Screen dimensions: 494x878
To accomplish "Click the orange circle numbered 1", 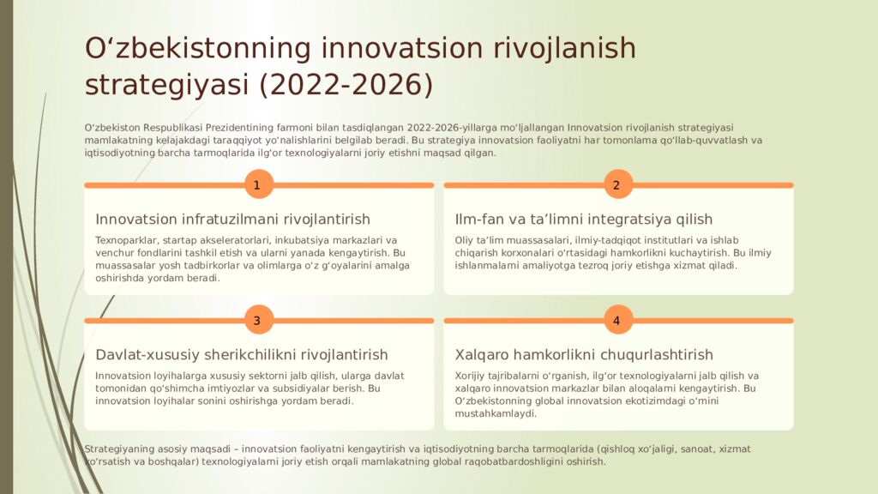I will pyautogui.click(x=258, y=184).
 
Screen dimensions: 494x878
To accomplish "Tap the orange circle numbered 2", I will pyautogui.click(x=617, y=184).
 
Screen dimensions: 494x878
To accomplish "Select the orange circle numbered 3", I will pyautogui.click(x=258, y=321).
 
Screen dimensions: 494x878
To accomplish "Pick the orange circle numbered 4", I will pyautogui.click(x=617, y=321).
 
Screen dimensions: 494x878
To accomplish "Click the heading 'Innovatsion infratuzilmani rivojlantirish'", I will pyautogui.click(x=232, y=220).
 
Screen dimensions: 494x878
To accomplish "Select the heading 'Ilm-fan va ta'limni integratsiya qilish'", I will pyautogui.click(x=583, y=220).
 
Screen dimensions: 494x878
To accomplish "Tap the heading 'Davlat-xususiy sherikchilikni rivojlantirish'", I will pyautogui.click(x=241, y=355).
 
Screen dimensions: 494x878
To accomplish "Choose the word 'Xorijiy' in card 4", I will pyautogui.click(x=472, y=376).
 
